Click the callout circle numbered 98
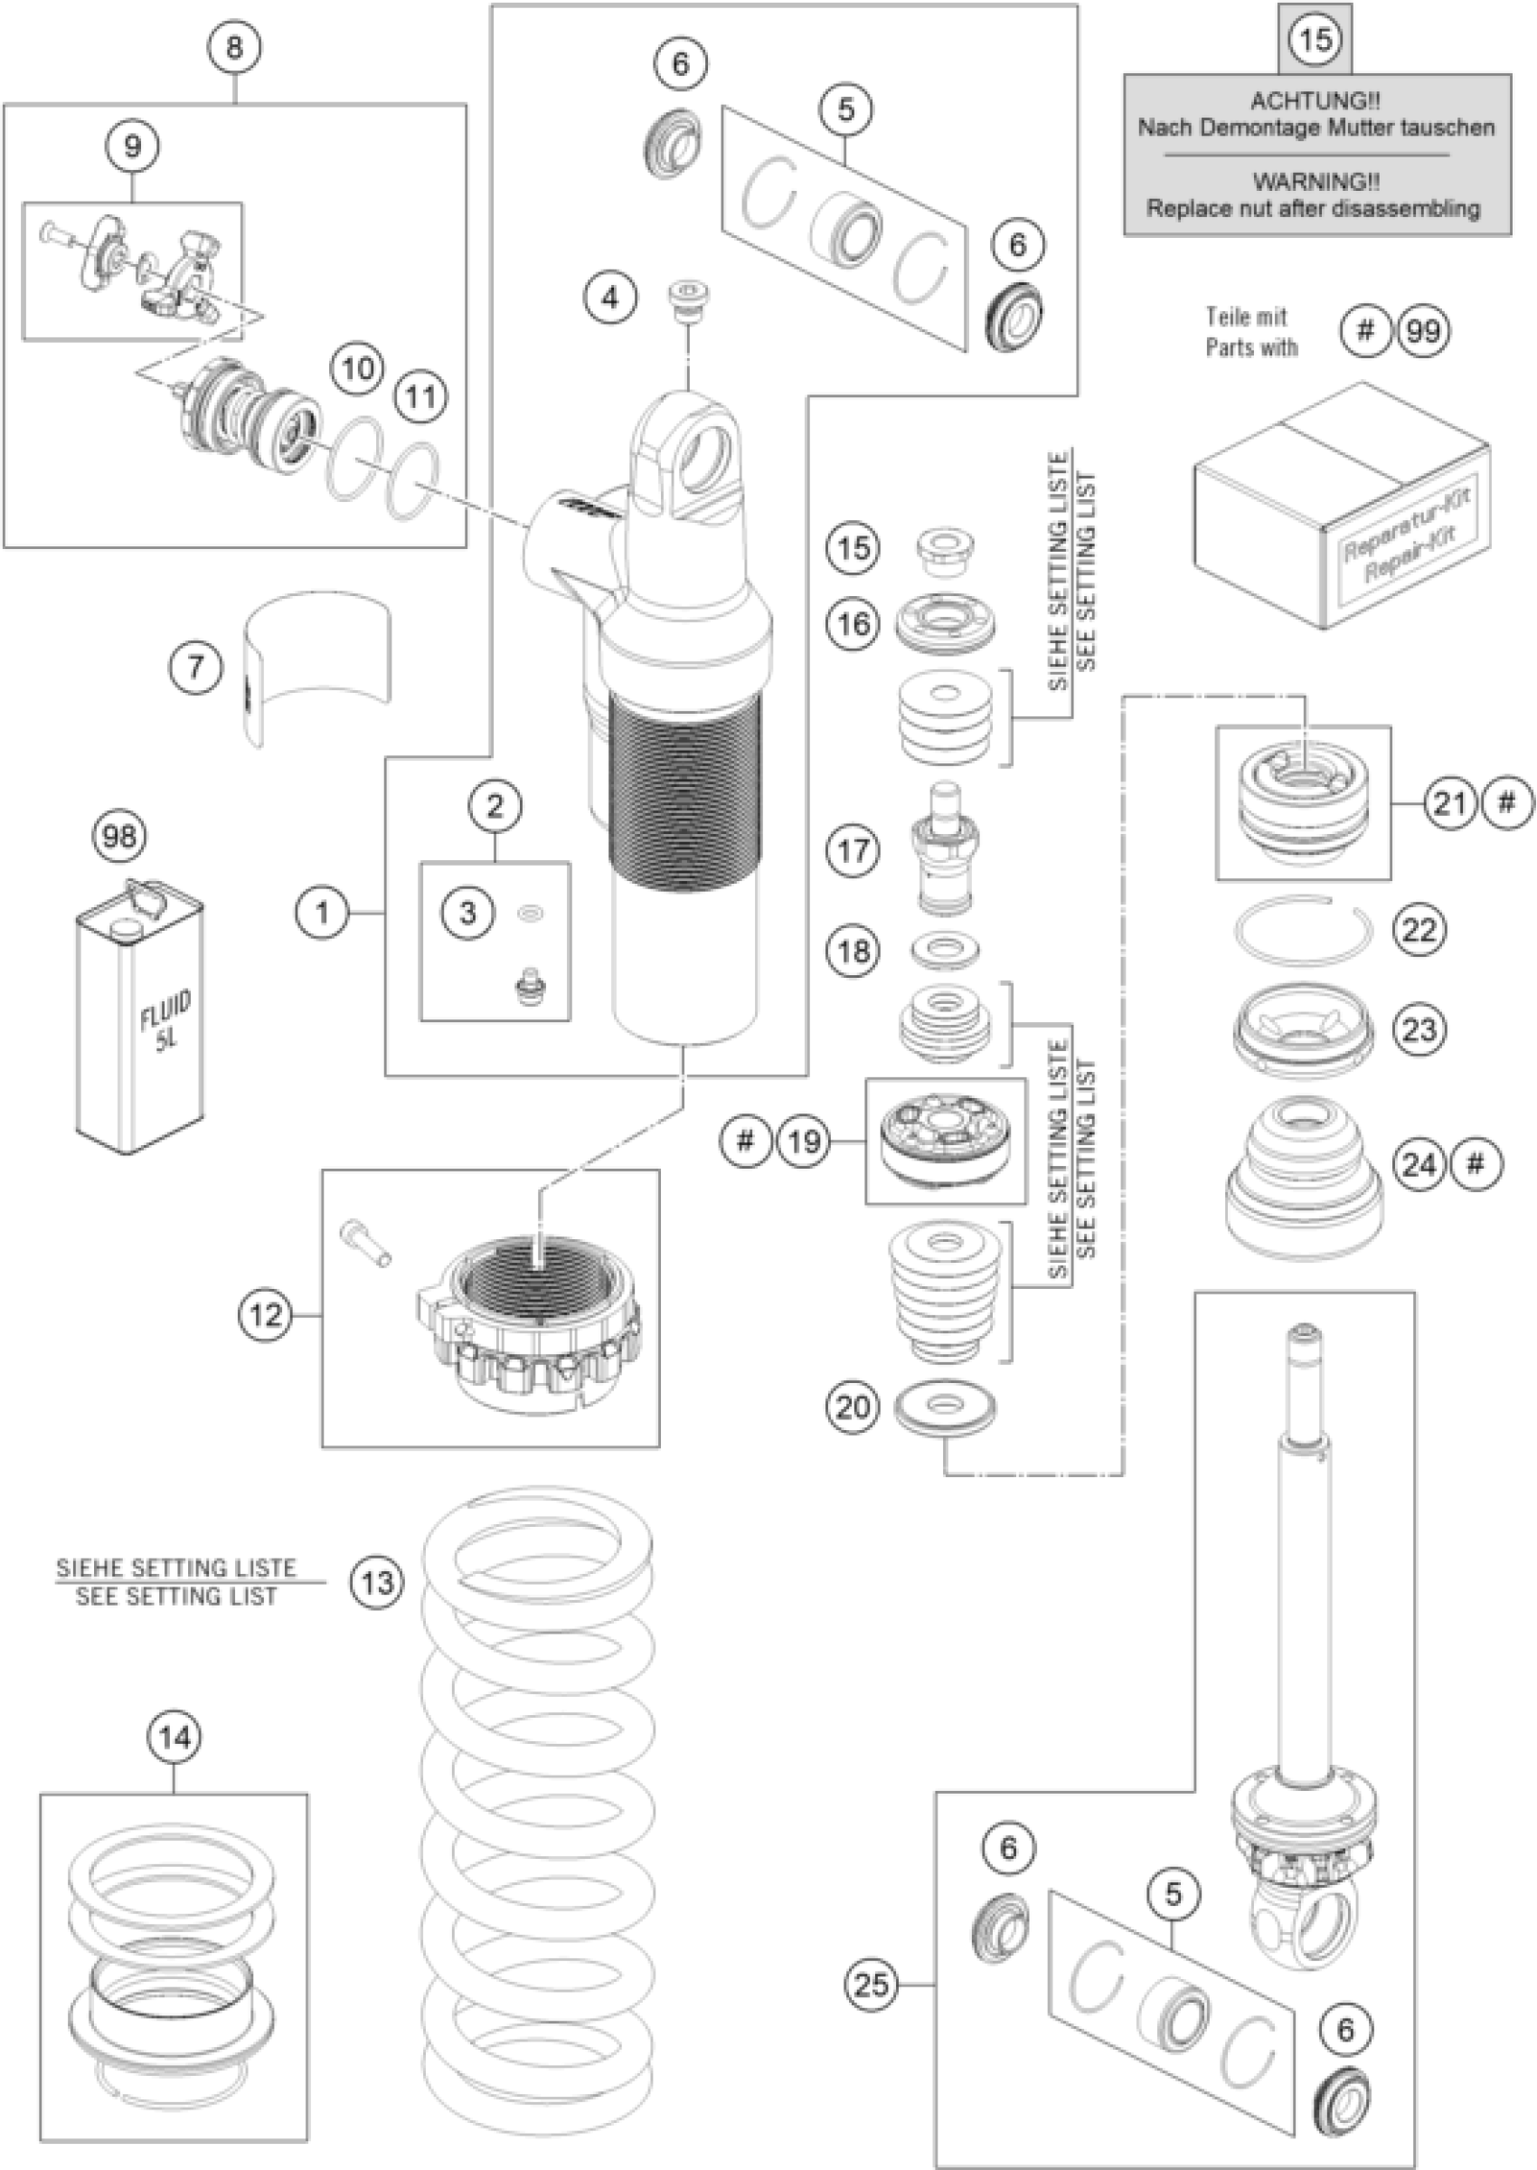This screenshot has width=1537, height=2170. (120, 837)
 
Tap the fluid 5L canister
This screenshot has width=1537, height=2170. (140, 1018)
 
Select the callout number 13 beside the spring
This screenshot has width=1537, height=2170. (377, 1582)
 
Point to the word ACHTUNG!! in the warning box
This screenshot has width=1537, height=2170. (1315, 101)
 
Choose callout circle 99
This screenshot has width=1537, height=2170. (1423, 331)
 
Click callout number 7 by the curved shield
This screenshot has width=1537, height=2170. (196, 668)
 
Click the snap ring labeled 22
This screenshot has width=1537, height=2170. (1304, 929)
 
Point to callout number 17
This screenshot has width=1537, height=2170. (853, 850)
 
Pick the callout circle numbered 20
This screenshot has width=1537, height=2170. (853, 1406)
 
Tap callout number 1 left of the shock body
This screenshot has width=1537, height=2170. (323, 913)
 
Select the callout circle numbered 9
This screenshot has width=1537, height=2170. (132, 146)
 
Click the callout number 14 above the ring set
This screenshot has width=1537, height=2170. (175, 1738)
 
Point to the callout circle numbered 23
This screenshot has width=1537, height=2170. (1419, 1029)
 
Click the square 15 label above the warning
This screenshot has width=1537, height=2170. (1315, 39)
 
